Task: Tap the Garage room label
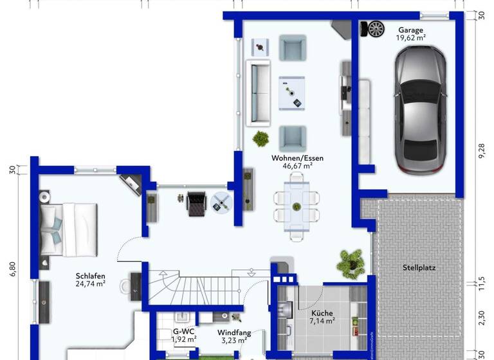coord(410,30)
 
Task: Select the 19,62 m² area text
coord(410,38)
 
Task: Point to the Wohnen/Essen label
coord(297,157)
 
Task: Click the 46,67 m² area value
coord(297,166)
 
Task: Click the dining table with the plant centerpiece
coord(297,207)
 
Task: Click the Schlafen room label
coord(90,275)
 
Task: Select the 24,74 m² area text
coord(90,283)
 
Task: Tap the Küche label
coord(322,312)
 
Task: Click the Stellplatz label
coord(419,267)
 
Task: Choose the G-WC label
coord(183,332)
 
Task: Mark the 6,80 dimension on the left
coord(12,268)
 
